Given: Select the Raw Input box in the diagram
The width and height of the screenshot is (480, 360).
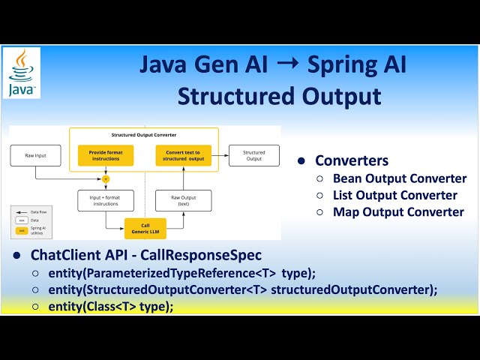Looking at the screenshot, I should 34,155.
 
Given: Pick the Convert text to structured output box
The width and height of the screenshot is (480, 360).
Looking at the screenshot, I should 184,155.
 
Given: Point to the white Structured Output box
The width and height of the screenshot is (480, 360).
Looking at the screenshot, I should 253,155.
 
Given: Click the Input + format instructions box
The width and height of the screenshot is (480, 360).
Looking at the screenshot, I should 100,200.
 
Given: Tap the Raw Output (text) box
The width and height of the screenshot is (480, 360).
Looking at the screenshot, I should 184,200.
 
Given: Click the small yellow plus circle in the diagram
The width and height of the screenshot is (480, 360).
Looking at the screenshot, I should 106,178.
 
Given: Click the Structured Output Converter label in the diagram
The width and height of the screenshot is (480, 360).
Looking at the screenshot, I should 142,135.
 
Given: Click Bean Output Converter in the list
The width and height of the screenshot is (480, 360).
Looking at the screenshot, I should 399,178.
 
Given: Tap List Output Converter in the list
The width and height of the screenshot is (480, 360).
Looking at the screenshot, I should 394,195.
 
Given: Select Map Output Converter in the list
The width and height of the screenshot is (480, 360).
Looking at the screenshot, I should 397,211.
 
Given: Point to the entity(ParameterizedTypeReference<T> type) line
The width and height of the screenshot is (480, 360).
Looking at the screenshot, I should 184,273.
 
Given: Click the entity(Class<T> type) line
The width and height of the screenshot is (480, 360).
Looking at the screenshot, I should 112,306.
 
